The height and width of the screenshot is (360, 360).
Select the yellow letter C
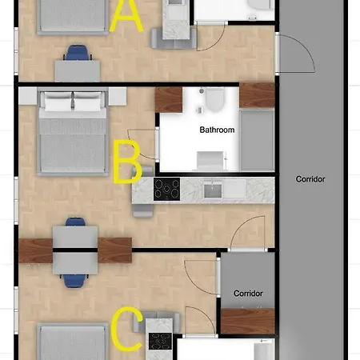[126, 329]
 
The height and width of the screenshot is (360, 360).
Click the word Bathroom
[217, 130]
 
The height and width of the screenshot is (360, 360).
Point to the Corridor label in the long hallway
[310, 179]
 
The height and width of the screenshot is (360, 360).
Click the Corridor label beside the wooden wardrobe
[248, 294]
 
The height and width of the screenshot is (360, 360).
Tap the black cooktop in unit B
[166, 189]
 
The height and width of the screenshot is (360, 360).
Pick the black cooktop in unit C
[160, 341]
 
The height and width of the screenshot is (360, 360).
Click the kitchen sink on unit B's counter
[213, 190]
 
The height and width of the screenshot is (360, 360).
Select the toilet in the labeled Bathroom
[214, 100]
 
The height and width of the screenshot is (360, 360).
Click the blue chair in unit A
[78, 53]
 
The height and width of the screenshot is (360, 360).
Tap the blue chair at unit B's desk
[75, 222]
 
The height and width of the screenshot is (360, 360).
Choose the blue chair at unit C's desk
[75, 281]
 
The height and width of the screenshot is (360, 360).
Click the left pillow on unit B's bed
[58, 102]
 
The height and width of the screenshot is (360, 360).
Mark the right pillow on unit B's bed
[88, 102]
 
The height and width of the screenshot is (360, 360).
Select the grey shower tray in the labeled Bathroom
[257, 140]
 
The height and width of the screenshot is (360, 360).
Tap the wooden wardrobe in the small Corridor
[248, 321]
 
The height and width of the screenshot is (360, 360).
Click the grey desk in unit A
[78, 71]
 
